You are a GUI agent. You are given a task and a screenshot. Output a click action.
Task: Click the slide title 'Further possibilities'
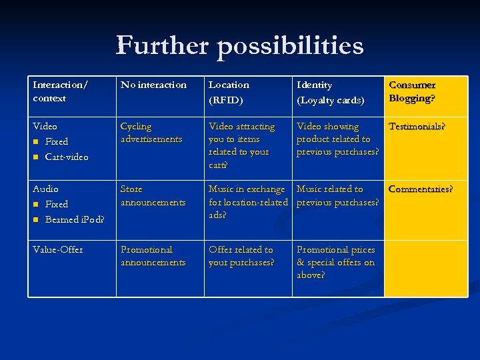(x=240, y=46)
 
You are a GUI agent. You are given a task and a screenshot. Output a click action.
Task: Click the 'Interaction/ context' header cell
(x=59, y=91)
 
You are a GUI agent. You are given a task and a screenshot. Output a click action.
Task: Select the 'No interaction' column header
(x=153, y=85)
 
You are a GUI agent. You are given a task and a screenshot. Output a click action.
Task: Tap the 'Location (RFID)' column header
(x=229, y=91)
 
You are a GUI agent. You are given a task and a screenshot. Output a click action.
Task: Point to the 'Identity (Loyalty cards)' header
(x=331, y=91)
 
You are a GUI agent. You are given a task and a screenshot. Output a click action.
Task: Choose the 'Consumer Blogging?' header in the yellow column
(x=412, y=91)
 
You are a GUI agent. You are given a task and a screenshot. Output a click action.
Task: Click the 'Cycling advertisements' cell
(x=151, y=133)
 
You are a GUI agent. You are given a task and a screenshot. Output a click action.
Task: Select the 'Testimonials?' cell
(x=417, y=126)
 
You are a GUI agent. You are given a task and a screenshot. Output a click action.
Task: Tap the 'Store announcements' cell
(x=153, y=195)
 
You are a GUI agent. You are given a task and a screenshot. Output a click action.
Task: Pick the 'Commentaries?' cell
(x=421, y=189)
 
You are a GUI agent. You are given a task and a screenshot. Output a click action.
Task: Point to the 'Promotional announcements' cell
(x=153, y=256)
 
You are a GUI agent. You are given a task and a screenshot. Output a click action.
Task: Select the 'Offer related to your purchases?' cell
(x=241, y=256)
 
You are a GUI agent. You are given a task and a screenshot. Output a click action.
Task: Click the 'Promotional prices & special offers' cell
(x=336, y=262)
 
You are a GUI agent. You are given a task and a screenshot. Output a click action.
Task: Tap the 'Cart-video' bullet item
(x=66, y=157)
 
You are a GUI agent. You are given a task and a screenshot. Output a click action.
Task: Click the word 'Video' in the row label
(x=45, y=126)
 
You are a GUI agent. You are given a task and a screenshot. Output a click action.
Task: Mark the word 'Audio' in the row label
(x=45, y=189)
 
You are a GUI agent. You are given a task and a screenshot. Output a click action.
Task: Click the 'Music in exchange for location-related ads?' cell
(x=247, y=202)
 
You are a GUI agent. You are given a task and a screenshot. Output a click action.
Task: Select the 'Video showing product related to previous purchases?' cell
(x=337, y=139)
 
